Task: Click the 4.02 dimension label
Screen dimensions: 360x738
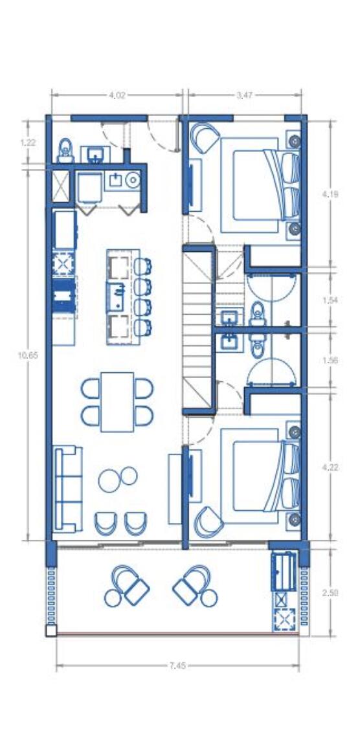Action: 117,95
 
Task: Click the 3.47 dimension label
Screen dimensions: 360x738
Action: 245,95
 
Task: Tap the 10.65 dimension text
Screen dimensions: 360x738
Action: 28,355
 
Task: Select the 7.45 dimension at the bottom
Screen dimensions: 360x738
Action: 177,665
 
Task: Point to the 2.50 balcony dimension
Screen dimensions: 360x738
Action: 331,592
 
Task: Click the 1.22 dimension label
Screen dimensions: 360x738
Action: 28,143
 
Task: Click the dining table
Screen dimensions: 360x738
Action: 117,402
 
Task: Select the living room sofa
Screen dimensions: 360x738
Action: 68,489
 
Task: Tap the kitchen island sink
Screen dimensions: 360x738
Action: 116,296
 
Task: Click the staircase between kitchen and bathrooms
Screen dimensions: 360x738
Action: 199,330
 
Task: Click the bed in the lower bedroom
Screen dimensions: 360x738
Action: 261,476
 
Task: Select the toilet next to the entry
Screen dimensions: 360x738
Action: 65,151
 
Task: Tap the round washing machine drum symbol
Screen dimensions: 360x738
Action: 133,179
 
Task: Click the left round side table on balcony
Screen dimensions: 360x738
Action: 113,598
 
